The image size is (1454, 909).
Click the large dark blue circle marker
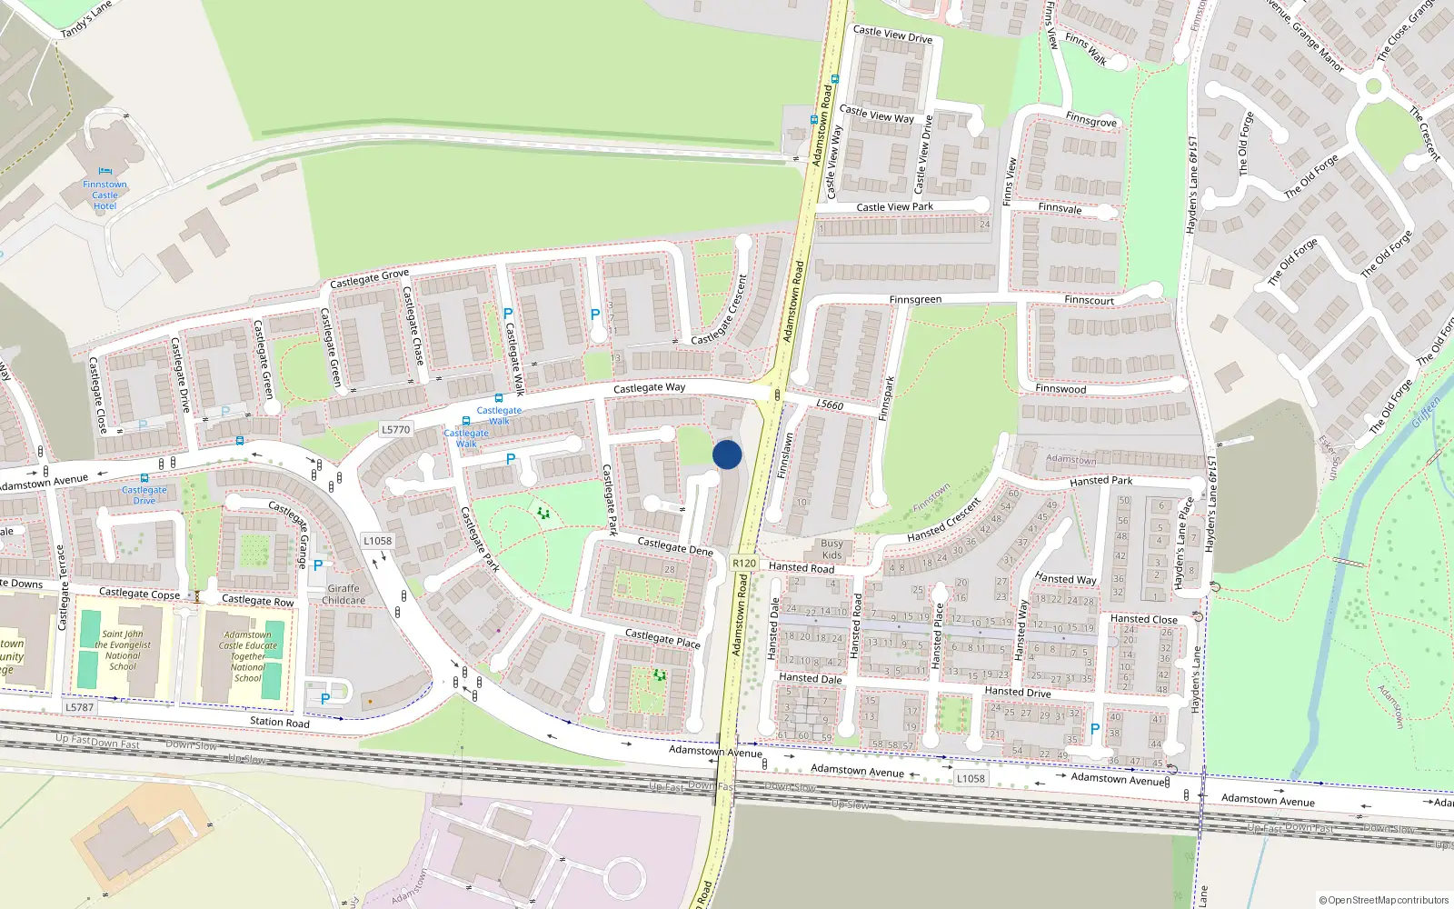point(727,454)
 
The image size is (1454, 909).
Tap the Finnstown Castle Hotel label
point(105,195)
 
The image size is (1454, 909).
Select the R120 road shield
point(744,564)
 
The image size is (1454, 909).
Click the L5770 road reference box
point(395,429)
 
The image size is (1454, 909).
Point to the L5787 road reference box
point(79,707)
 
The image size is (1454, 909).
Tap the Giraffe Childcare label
point(344,594)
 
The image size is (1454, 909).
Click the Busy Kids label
point(832,549)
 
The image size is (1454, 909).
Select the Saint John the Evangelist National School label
point(123,650)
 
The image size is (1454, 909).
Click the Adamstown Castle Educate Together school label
point(247,656)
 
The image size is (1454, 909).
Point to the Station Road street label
point(280,722)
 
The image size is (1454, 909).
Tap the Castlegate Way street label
point(649,388)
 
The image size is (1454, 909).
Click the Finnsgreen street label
point(915,300)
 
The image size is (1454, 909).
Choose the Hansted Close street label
point(1143,619)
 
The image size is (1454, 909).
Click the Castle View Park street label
point(894,207)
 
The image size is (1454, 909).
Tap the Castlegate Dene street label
point(675,545)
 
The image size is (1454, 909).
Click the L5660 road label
point(830,405)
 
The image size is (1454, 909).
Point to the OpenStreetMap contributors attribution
point(1384,900)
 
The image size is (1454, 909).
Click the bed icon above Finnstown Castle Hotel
point(105,171)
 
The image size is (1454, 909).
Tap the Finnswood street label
point(1061,389)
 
